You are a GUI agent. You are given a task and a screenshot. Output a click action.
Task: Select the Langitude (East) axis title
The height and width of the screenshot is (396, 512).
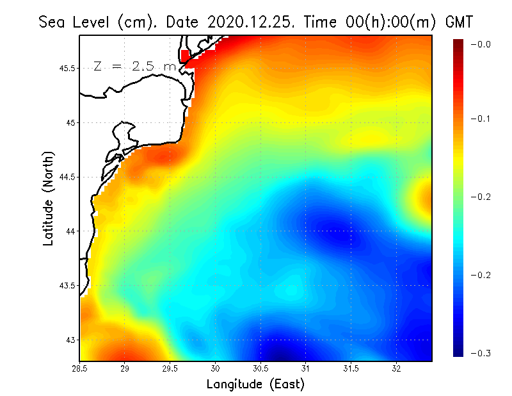pyautogui.click(x=255, y=384)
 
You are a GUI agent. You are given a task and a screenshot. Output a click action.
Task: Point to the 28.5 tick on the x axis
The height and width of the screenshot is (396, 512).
pyautogui.click(x=80, y=369)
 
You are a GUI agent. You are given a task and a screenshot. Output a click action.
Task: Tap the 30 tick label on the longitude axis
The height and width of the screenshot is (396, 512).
pyautogui.click(x=216, y=369)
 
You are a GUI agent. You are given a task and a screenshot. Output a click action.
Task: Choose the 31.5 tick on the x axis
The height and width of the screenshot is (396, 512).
pyautogui.click(x=351, y=369)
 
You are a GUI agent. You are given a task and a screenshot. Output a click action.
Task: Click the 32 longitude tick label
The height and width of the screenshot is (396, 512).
pyautogui.click(x=397, y=369)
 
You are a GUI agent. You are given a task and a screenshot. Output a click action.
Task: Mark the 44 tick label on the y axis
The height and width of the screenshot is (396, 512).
pyautogui.click(x=70, y=231)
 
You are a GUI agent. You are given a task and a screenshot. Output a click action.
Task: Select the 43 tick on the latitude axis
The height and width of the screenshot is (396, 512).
pyautogui.click(x=70, y=340)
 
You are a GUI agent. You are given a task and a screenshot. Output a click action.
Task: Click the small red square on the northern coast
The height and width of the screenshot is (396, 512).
pyautogui.click(x=186, y=56)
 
